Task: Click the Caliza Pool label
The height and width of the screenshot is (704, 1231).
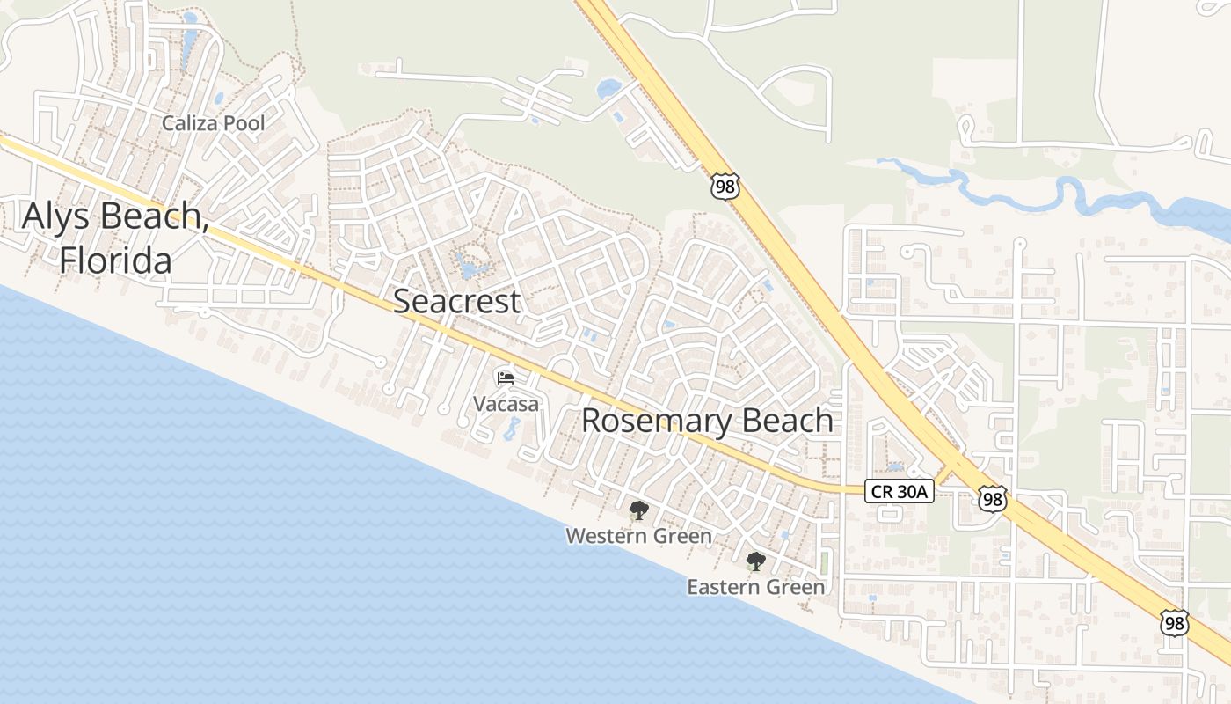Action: point(213,123)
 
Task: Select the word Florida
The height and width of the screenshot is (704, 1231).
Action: point(115,260)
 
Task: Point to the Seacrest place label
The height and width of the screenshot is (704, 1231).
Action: point(456,301)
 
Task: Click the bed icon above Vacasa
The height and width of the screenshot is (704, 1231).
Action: point(505,378)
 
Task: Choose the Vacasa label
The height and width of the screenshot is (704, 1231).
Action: point(506,404)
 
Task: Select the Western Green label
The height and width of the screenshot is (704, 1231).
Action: point(638,535)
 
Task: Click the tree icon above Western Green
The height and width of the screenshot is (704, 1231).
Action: point(638,510)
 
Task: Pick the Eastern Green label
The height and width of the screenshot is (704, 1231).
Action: point(755,586)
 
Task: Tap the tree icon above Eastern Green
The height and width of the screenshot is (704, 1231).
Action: point(755,561)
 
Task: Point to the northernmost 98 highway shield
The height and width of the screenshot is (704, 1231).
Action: point(725,187)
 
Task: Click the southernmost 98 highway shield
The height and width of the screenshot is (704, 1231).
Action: point(1174,623)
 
